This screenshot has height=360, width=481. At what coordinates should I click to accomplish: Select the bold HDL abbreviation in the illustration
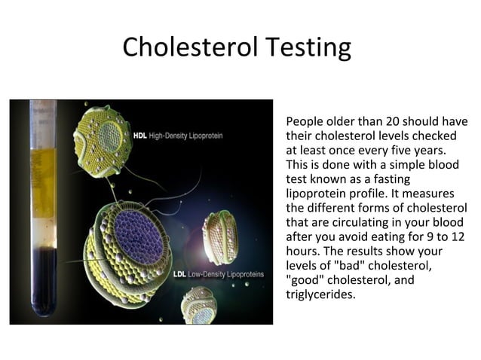(x=139, y=136)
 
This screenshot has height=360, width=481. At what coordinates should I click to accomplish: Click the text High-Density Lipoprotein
(x=186, y=136)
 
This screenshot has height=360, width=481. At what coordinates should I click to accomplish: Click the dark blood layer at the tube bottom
(x=43, y=279)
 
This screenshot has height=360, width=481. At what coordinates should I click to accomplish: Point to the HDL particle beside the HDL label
(x=106, y=139)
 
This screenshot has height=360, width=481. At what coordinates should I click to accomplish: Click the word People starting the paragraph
(x=305, y=121)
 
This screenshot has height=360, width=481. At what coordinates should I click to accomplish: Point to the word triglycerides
(x=320, y=294)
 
